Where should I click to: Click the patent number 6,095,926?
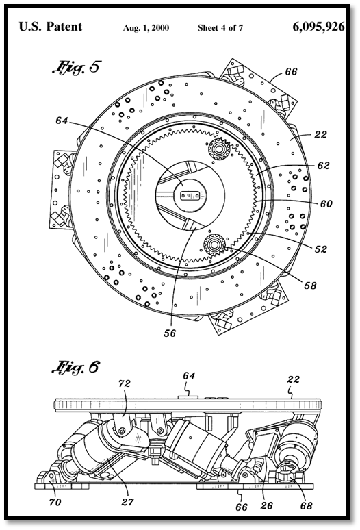pos(318,27)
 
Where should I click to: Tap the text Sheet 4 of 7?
pos(220,28)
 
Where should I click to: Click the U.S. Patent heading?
pos(51,27)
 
